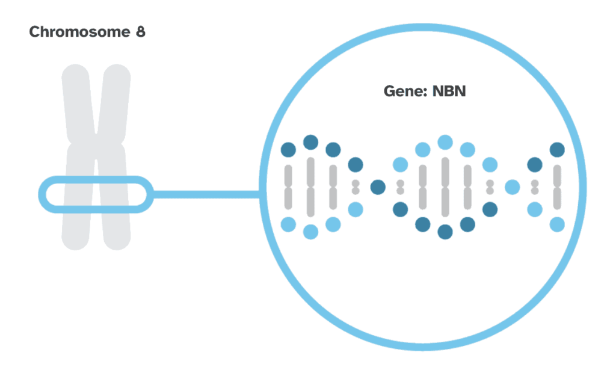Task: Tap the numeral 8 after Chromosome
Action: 140,32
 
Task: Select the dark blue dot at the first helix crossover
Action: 378,187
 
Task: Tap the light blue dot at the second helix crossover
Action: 512,187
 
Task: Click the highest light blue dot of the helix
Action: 445,142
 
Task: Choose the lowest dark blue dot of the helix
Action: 445,232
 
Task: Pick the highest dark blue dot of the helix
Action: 310,142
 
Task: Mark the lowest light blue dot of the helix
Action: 310,232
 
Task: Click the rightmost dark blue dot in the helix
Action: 557,149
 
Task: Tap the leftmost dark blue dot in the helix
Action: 288,149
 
